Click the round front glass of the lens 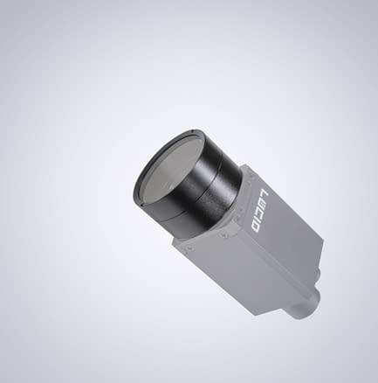tap(165, 176)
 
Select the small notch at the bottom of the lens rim tap(148, 218)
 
